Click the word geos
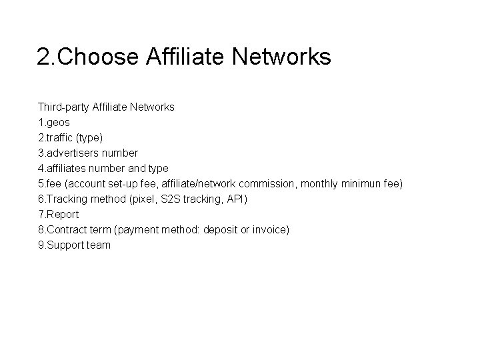58,122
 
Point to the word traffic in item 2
63,137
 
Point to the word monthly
320,183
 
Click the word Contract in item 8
69,229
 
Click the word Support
66,245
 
